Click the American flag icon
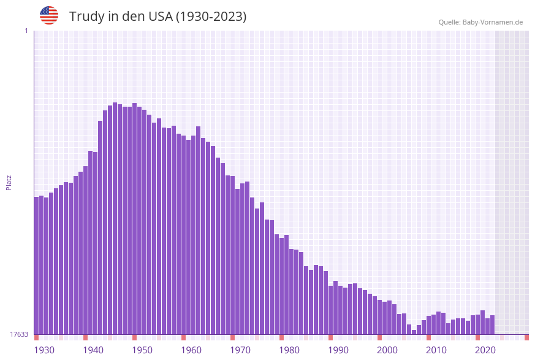point(49,15)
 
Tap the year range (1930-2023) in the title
point(211,17)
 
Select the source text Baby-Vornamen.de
point(493,22)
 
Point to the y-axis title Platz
point(9,182)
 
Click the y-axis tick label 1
point(26,31)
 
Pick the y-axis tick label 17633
point(19,334)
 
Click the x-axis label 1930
point(44,350)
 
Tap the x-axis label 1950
point(142,350)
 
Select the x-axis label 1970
point(240,350)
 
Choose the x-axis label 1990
point(338,350)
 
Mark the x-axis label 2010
point(436,350)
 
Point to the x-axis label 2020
point(485,350)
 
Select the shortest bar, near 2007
point(414,332)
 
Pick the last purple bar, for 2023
point(492,324)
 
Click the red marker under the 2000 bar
point(379,337)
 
